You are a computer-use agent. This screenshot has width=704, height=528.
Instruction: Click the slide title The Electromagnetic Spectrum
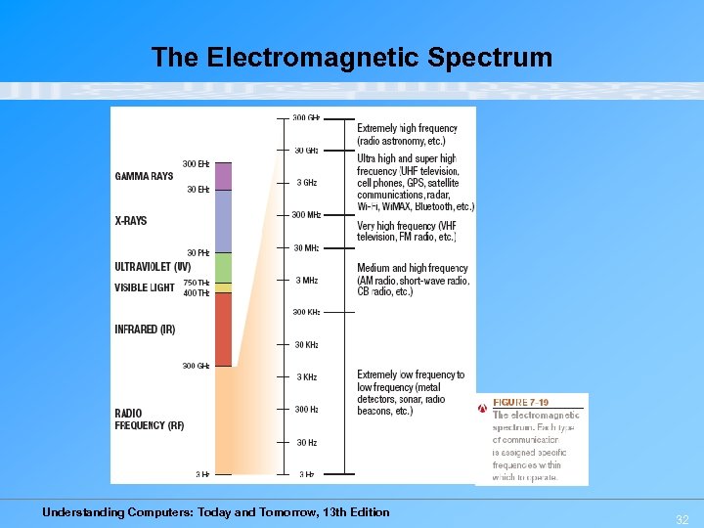pos(352,58)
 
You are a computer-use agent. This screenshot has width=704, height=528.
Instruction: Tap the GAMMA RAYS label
pos(144,177)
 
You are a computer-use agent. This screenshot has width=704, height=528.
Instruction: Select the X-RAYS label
pos(131,221)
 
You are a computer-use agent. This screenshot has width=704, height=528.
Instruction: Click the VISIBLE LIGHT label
pos(145,287)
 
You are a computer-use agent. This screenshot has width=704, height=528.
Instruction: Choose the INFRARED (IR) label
pos(145,330)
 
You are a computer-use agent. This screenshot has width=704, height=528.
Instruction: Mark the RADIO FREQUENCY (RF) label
pos(149,419)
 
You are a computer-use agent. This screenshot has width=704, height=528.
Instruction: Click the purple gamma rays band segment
pos(223,176)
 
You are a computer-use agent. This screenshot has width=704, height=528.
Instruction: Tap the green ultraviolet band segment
pos(223,267)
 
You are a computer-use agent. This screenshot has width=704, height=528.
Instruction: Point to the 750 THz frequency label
pos(197,284)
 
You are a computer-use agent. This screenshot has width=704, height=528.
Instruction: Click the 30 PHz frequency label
pos(198,253)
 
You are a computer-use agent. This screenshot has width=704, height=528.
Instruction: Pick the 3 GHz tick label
pos(307,183)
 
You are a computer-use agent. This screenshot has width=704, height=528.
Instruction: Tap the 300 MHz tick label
pos(306,215)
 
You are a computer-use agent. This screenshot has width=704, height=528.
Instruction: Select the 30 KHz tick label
pos(307,345)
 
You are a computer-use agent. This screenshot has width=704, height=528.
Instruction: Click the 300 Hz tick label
pos(307,410)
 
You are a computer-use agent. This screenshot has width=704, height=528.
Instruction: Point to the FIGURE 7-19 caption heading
pos(520,403)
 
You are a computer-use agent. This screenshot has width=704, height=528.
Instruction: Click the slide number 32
pos(682,520)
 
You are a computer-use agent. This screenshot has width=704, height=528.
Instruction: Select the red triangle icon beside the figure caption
pos(483,408)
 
